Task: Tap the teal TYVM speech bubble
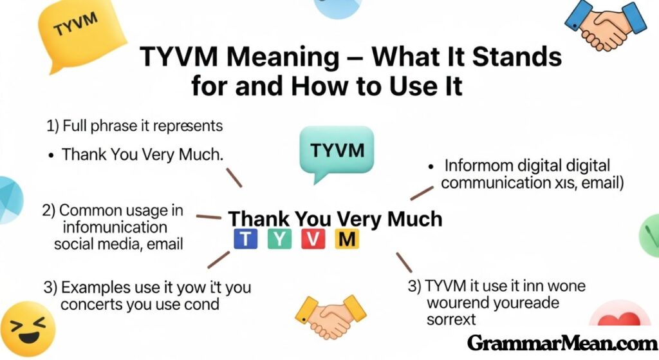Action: click(x=337, y=152)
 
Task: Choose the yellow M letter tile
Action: click(x=347, y=240)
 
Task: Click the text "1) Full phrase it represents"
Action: click(x=135, y=126)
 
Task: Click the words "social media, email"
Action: click(x=118, y=244)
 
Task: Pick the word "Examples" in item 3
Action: click(x=97, y=287)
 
